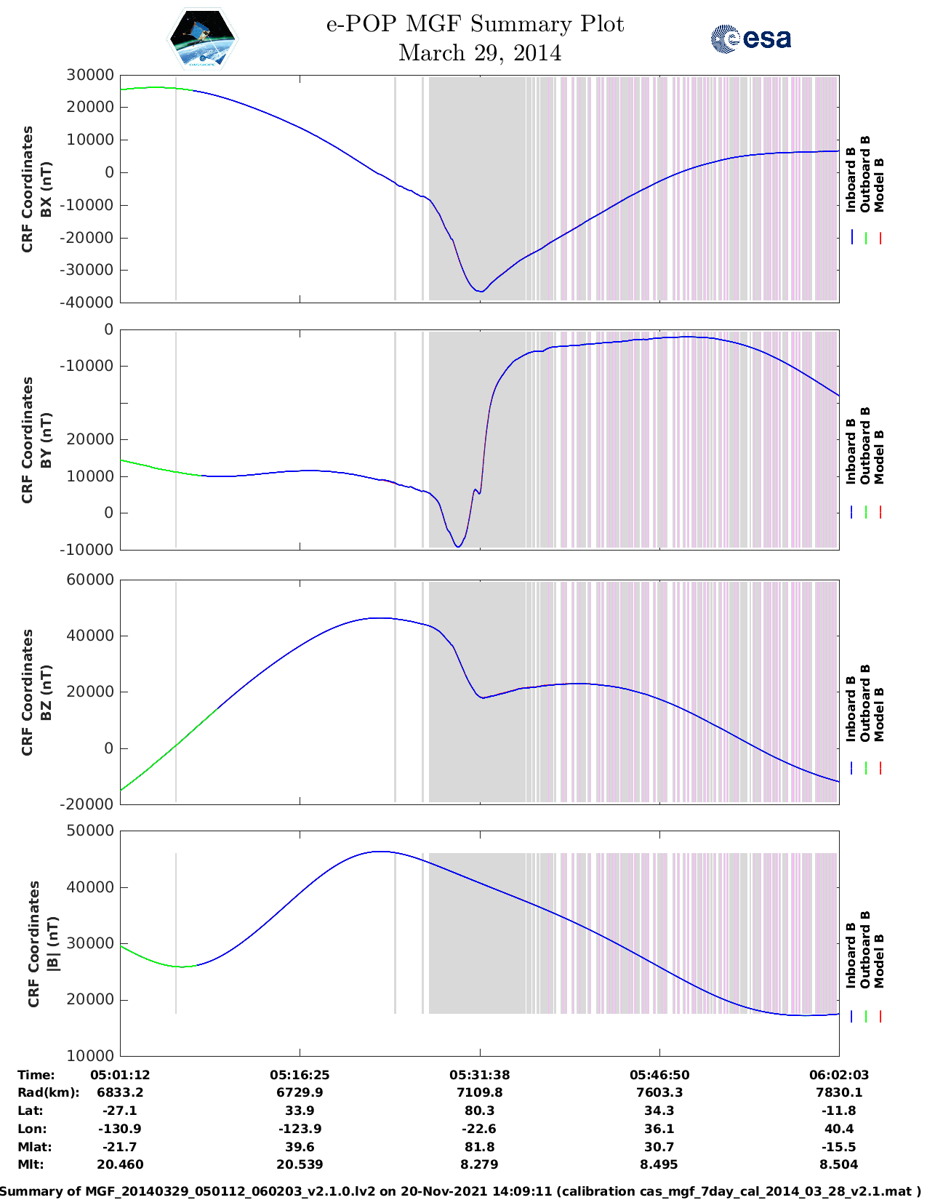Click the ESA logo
click(750, 39)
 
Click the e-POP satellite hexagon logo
click(202, 39)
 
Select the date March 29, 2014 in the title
click(480, 53)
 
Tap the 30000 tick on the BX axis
click(90, 75)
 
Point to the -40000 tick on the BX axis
click(88, 303)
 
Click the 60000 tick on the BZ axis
click(90, 580)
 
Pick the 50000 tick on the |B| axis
click(90, 831)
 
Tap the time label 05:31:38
click(479, 1075)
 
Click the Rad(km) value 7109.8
click(479, 1092)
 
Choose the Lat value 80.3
click(479, 1111)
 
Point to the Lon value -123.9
click(300, 1129)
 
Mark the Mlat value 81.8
click(479, 1147)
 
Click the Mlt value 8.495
click(659, 1164)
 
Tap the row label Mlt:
click(31, 1164)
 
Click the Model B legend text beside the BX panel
click(879, 185)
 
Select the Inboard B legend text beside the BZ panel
click(851, 709)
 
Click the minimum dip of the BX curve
click(480, 292)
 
